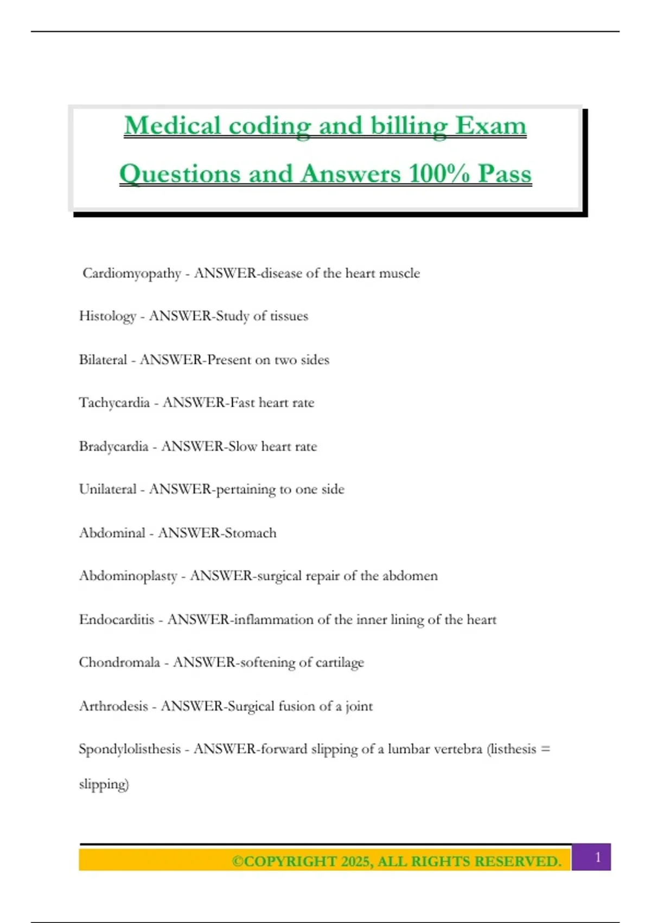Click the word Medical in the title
pyautogui.click(x=172, y=126)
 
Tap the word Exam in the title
pyautogui.click(x=490, y=126)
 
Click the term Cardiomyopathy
pyautogui.click(x=132, y=273)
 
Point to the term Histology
pyautogui.click(x=107, y=317)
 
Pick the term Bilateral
pyautogui.click(x=103, y=360)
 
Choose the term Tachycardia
pyautogui.click(x=114, y=403)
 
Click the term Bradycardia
pyautogui.click(x=113, y=446)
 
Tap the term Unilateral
pyautogui.click(x=107, y=489)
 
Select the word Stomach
pyautogui.click(x=250, y=533)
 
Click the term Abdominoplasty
pyautogui.click(x=128, y=576)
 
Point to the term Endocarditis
pyautogui.click(x=117, y=619)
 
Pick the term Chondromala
pyautogui.click(x=119, y=662)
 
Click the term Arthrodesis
pyautogui.click(x=113, y=706)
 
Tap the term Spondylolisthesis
pyautogui.click(x=130, y=749)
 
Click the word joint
pyautogui.click(x=359, y=706)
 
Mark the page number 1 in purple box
pyautogui.click(x=598, y=857)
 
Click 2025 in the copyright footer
pyautogui.click(x=356, y=862)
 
